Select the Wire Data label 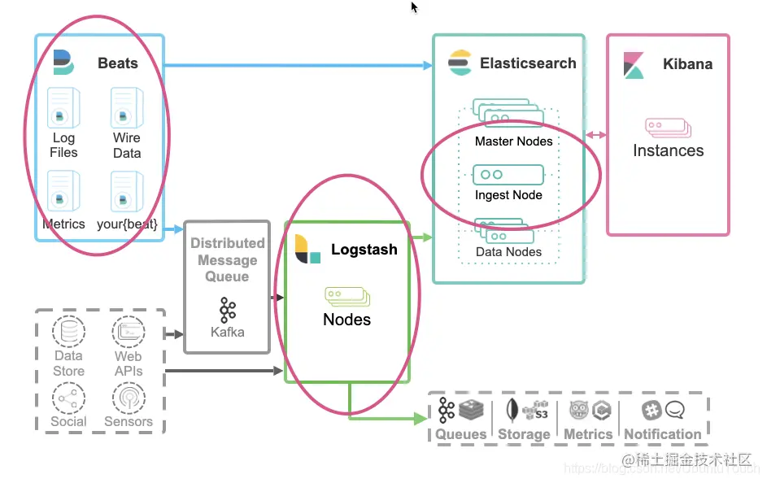click(x=127, y=146)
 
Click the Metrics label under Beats click(x=63, y=224)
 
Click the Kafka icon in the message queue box click(x=227, y=310)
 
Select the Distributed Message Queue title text click(x=227, y=259)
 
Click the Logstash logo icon click(x=307, y=249)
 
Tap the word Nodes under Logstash click(x=346, y=320)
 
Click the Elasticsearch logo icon click(x=460, y=63)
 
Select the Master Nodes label click(x=513, y=141)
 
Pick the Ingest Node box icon click(x=508, y=175)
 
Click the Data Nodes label click(x=508, y=252)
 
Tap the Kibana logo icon click(x=634, y=65)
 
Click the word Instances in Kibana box click(x=668, y=150)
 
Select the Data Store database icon click(x=68, y=332)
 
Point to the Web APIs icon click(x=129, y=332)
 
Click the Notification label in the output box click(x=662, y=434)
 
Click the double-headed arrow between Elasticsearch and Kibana click(x=596, y=135)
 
